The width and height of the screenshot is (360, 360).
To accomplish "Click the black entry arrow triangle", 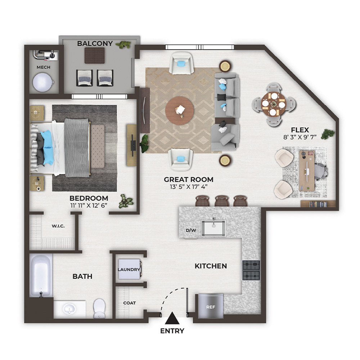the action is [172, 319].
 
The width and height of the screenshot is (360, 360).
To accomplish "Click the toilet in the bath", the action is [99, 308].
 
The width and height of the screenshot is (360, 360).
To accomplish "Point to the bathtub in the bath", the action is [41, 275].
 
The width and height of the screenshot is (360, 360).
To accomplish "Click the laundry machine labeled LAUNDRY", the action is [130, 269].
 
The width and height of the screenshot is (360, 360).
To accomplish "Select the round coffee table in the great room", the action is [180, 111].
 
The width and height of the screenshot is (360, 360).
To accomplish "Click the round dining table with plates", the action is [273, 104].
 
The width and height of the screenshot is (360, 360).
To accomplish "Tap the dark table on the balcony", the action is [95, 55].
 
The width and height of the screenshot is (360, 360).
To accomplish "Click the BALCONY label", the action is [95, 44].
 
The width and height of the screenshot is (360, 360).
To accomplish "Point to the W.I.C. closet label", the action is [58, 226].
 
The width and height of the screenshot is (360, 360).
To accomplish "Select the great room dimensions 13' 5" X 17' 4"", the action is [189, 186].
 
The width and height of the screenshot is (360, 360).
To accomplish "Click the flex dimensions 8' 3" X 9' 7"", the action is [300, 137].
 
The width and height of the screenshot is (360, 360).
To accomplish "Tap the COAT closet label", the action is [130, 303].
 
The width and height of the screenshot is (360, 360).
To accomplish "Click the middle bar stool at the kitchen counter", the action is [222, 201].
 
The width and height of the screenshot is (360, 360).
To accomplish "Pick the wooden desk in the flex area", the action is [307, 170].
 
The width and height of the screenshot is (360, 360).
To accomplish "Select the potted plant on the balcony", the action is [123, 45].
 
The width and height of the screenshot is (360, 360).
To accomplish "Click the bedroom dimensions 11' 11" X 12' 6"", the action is [89, 205].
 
